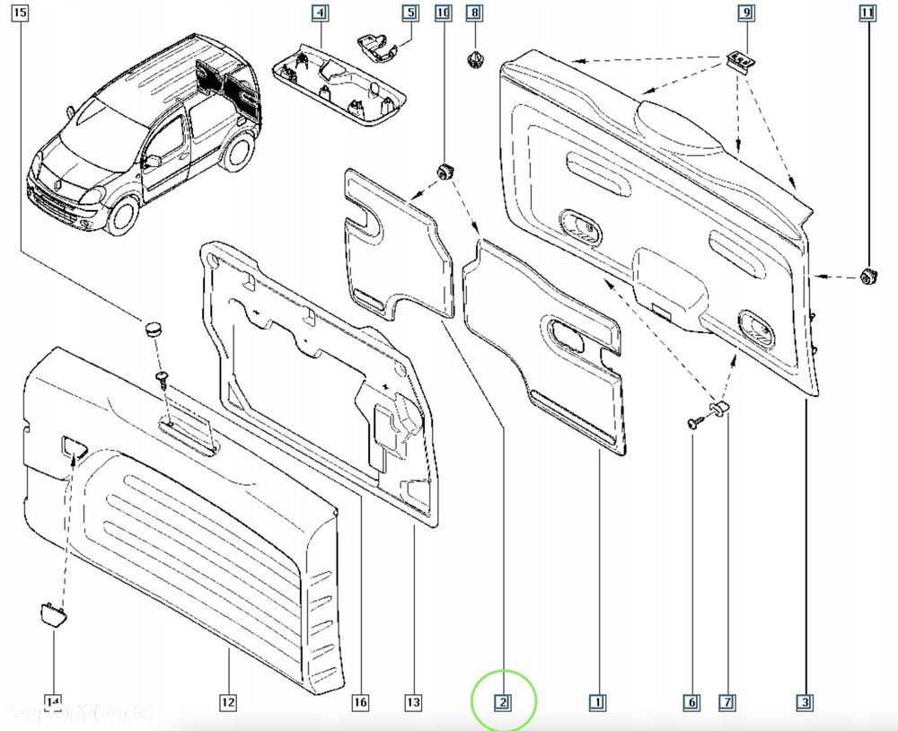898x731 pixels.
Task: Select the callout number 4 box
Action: (x=320, y=13)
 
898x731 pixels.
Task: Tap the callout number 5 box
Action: (x=409, y=13)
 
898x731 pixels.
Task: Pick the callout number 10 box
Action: (x=442, y=13)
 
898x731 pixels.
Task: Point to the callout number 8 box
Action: (x=474, y=13)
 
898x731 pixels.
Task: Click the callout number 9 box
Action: (x=745, y=13)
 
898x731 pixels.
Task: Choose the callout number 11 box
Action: (x=867, y=13)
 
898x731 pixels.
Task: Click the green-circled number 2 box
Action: (x=505, y=702)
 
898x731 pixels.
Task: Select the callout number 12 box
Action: (x=228, y=702)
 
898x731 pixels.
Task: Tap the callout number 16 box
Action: (x=361, y=702)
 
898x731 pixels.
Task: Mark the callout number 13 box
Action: (x=414, y=702)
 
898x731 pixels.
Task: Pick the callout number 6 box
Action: (x=693, y=702)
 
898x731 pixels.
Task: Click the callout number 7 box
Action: (x=726, y=702)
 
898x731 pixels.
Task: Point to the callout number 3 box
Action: (x=806, y=702)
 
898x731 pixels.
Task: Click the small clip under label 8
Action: (x=473, y=59)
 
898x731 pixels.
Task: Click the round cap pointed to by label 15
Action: (x=152, y=327)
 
